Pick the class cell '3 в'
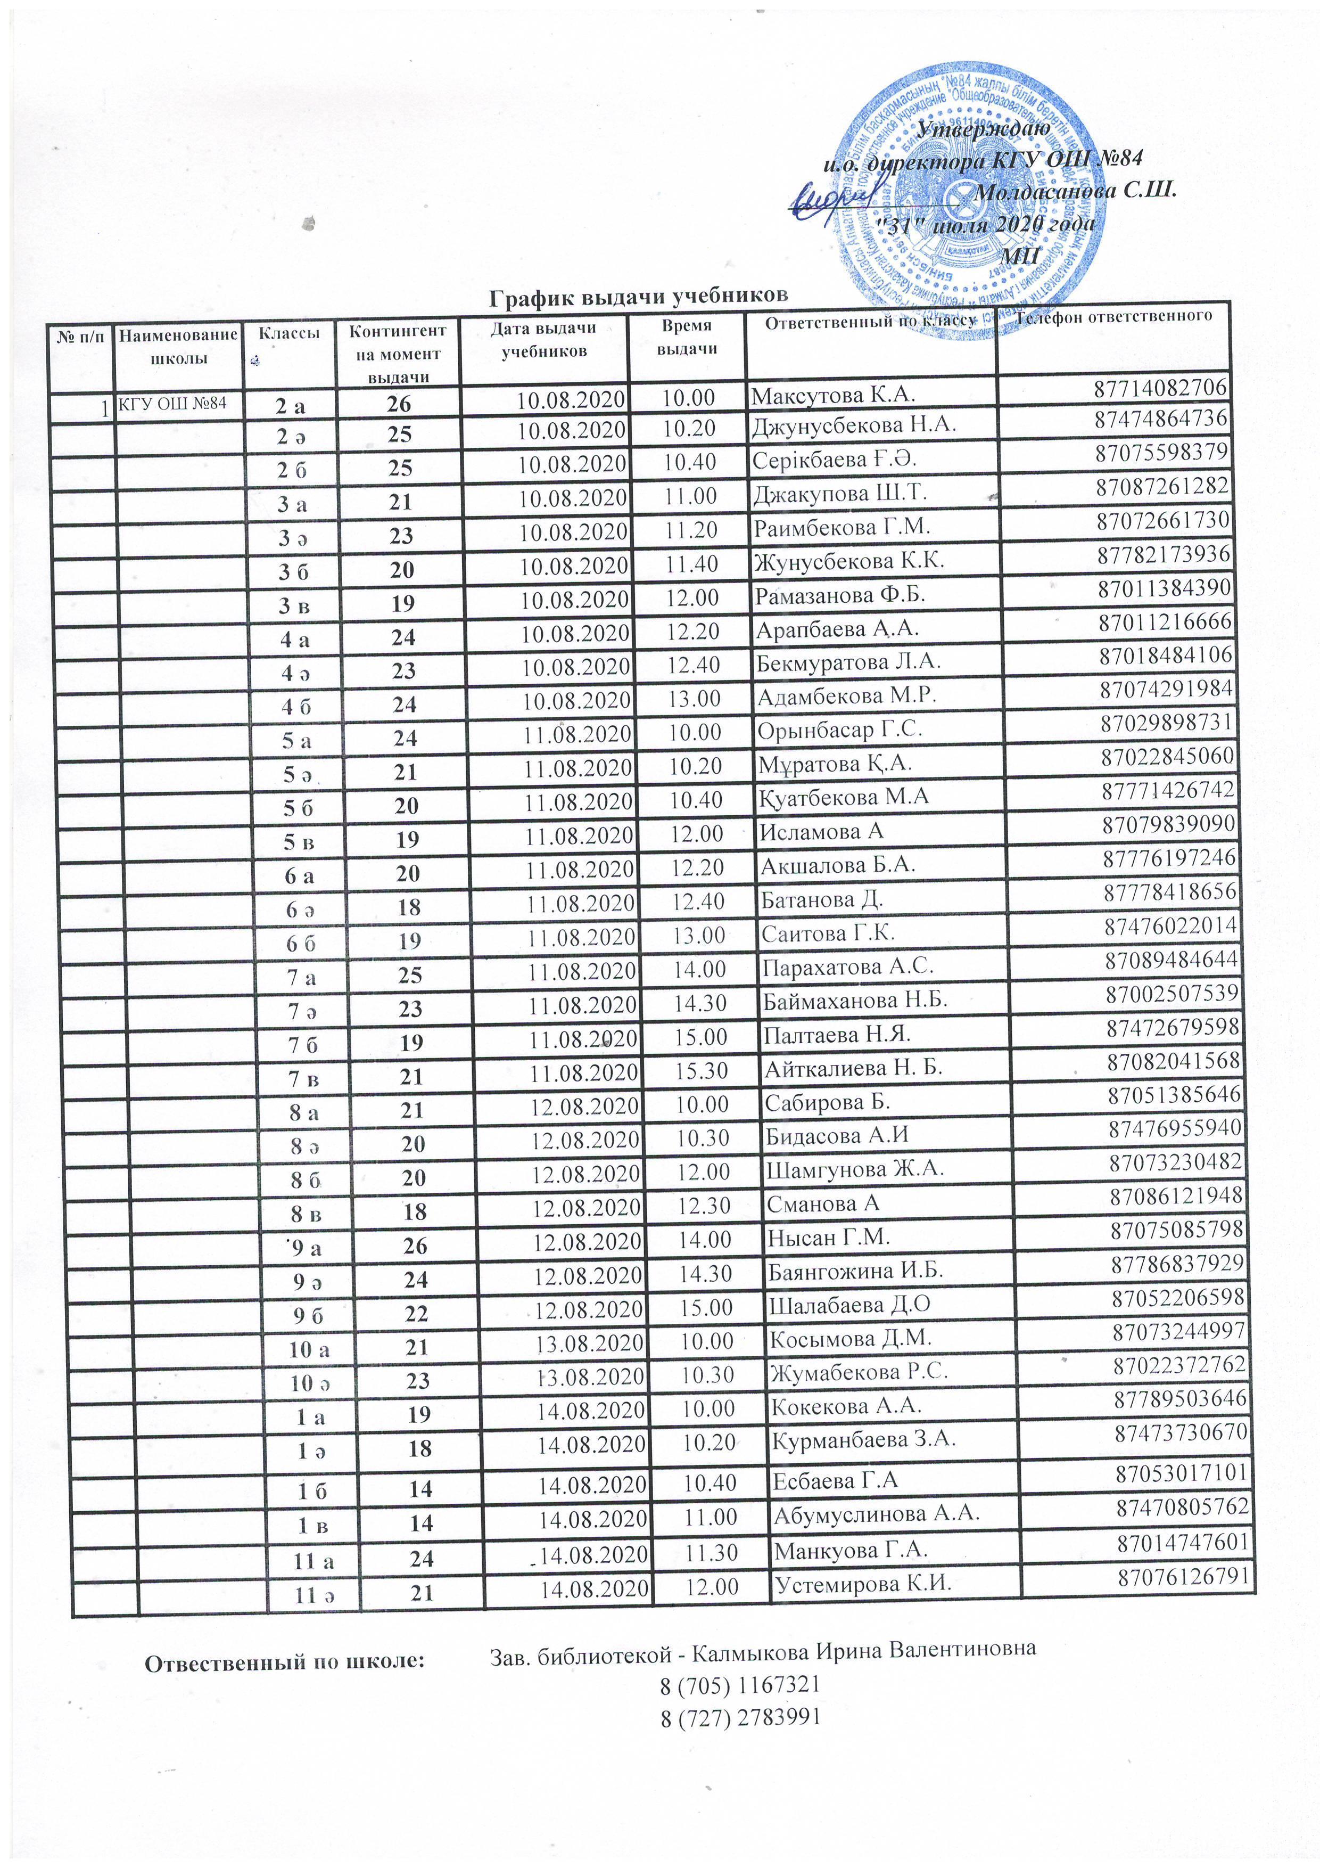292,604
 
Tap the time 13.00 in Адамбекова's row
693,698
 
